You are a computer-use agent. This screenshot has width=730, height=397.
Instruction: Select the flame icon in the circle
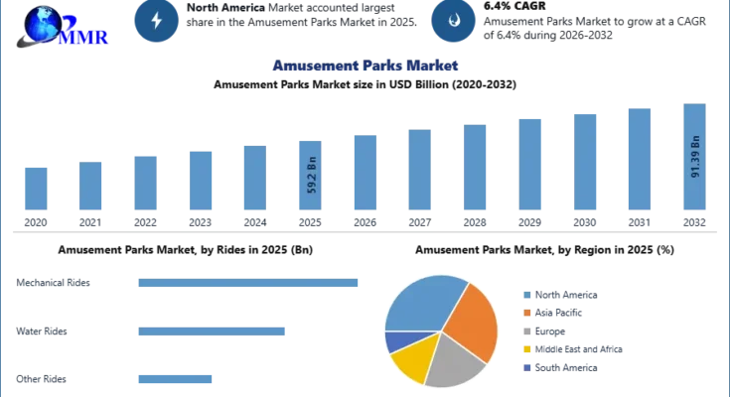click(x=452, y=22)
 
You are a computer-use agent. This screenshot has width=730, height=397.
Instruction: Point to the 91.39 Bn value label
click(x=695, y=158)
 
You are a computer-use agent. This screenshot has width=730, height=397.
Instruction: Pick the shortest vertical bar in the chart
click(x=35, y=190)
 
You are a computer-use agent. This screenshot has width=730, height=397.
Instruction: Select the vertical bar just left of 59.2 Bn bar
click(x=254, y=179)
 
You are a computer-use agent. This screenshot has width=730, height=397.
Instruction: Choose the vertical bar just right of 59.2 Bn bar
click(x=365, y=175)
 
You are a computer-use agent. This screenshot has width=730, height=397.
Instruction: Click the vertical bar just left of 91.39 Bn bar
click(x=640, y=159)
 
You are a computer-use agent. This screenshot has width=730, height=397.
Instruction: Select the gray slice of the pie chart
click(x=452, y=359)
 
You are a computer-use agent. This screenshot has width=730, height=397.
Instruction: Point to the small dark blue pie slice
click(x=395, y=340)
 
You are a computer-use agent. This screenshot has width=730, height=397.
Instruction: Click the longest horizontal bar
click(x=249, y=286)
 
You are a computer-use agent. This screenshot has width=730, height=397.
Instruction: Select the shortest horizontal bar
click(x=174, y=380)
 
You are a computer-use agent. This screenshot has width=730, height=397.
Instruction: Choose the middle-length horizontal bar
click(x=210, y=332)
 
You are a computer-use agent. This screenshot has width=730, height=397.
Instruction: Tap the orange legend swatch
click(x=524, y=312)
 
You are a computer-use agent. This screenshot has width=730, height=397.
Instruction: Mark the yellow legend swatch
click(x=524, y=348)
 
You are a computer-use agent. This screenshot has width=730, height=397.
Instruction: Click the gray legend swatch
click(x=524, y=331)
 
